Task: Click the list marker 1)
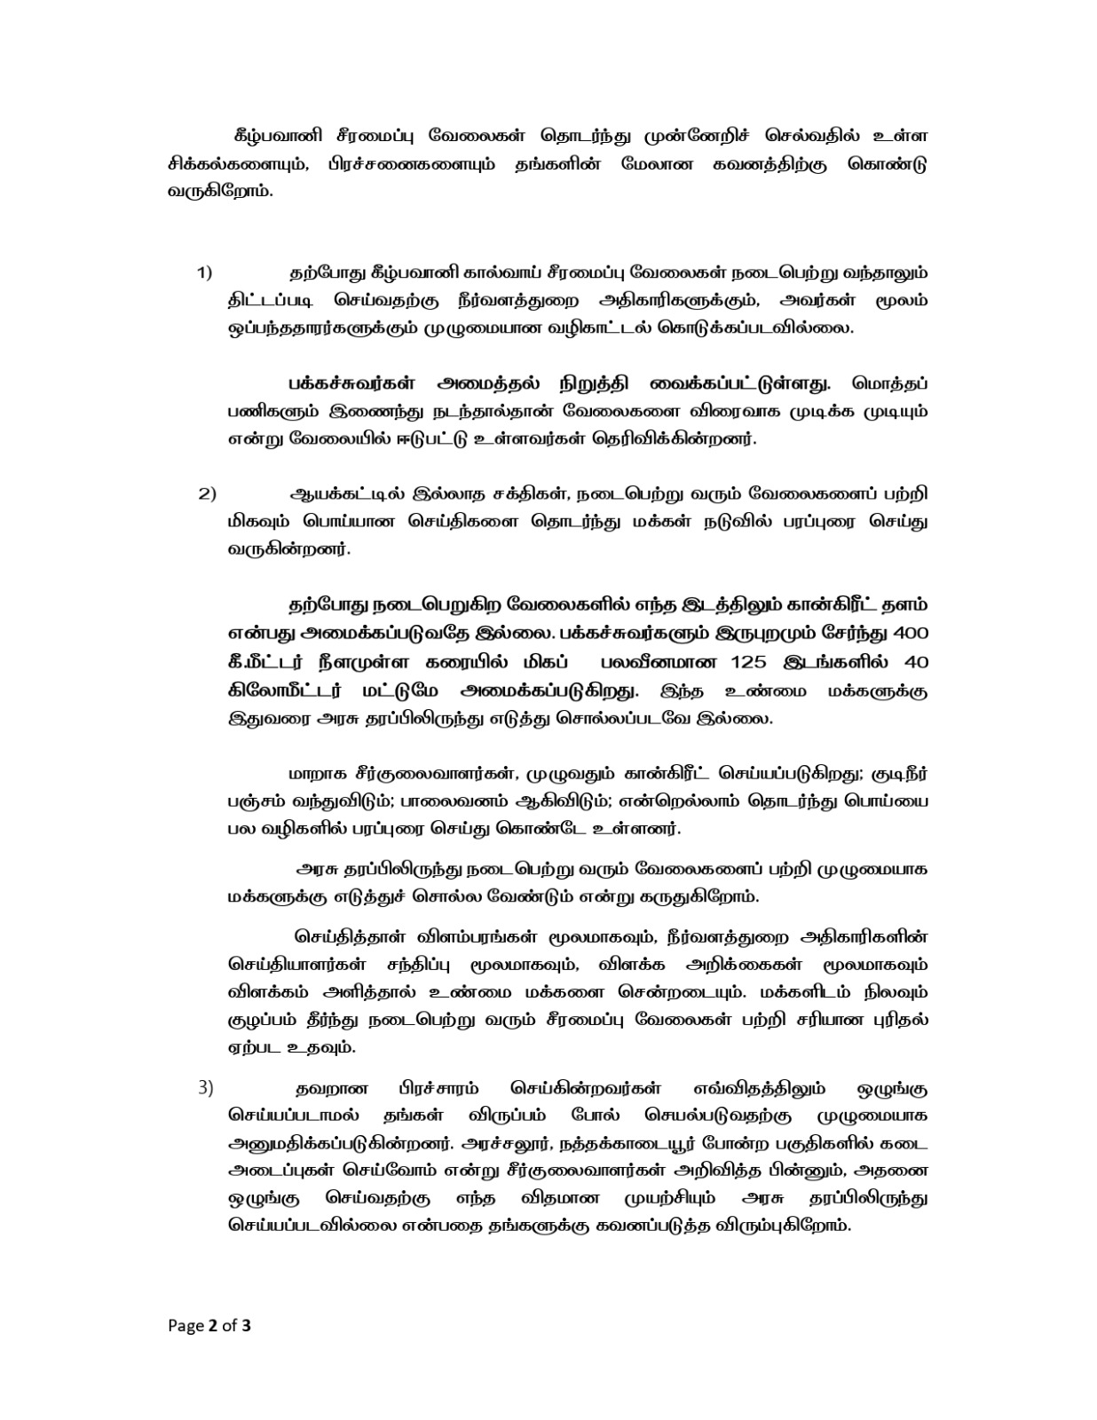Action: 204,272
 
